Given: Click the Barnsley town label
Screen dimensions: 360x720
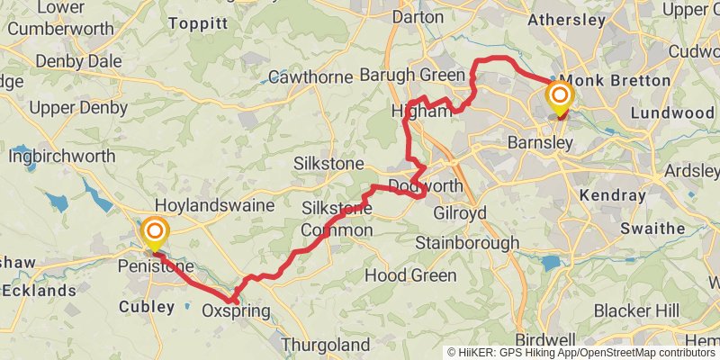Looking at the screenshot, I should (540, 144).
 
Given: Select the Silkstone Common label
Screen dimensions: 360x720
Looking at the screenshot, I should (337, 220).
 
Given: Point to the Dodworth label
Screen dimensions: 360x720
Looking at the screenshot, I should (426, 186).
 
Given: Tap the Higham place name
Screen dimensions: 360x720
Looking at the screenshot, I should (420, 112).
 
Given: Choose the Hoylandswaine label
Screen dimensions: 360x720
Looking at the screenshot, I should (214, 205).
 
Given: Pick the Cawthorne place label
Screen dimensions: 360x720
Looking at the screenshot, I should (310, 77).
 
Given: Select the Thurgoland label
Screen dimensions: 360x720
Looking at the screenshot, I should (325, 345).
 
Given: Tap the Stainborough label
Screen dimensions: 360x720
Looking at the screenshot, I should (467, 243).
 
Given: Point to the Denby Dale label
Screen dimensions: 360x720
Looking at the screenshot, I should (78, 61).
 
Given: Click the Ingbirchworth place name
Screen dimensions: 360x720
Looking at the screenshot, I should (62, 156).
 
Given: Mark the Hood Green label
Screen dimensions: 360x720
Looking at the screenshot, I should (411, 275).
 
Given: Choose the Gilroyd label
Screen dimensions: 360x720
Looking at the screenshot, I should (460, 213).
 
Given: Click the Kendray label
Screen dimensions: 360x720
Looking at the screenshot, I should (614, 195).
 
